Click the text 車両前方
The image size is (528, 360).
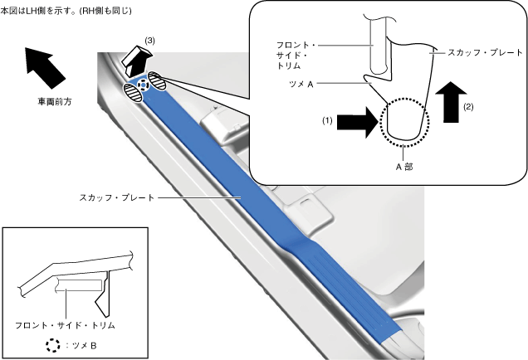pyautogui.click(x=55, y=102)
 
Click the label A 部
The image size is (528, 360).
pyautogui.click(x=403, y=166)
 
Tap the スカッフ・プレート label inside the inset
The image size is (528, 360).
pyautogui.click(x=485, y=51)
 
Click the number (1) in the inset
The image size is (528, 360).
pyautogui.click(x=328, y=121)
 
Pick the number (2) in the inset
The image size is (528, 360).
pyautogui.click(x=469, y=107)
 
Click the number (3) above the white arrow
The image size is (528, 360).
pyautogui.click(x=149, y=40)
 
